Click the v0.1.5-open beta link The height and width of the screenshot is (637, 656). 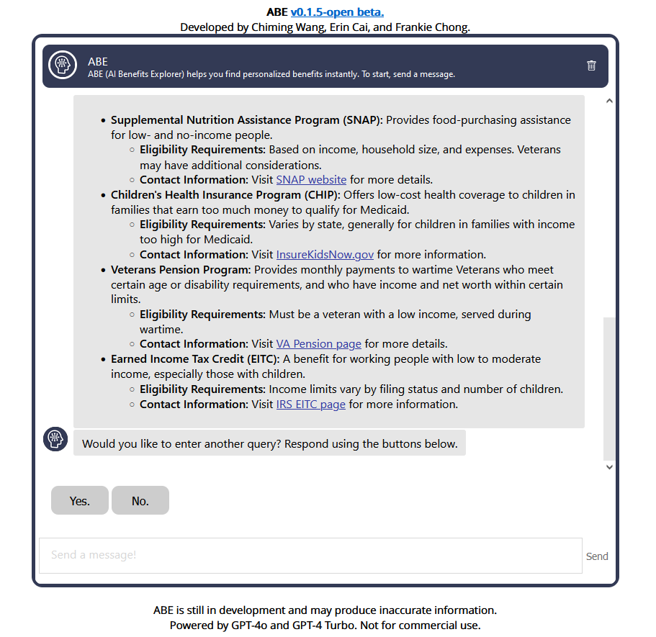[337, 12]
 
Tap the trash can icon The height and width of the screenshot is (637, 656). [592, 65]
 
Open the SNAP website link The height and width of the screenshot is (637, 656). [311, 180]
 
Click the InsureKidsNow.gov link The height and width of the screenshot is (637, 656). [325, 255]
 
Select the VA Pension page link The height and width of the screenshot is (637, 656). [318, 344]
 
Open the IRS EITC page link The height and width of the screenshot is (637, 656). [310, 405]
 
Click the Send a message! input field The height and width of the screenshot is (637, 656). [310, 556]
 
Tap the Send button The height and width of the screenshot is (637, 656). [597, 556]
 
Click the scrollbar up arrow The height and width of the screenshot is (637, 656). [609, 101]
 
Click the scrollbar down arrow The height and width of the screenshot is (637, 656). [609, 467]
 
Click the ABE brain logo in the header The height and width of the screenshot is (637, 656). [63, 65]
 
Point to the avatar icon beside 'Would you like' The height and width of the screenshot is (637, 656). [55, 439]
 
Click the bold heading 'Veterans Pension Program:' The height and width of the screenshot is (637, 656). [181, 270]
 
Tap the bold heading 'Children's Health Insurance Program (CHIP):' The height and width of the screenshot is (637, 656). [226, 195]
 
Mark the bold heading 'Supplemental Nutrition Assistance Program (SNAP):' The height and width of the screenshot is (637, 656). [246, 120]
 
